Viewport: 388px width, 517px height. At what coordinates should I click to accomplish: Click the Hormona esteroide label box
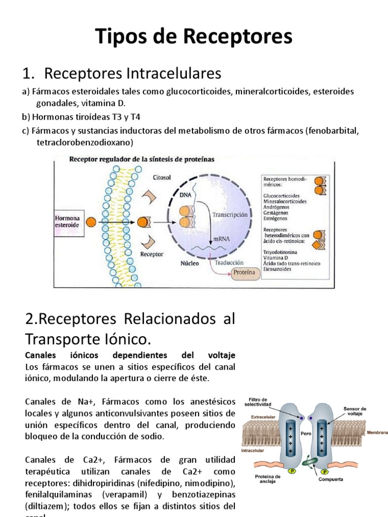click(x=67, y=221)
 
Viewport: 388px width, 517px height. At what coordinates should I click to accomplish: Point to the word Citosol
click(x=162, y=177)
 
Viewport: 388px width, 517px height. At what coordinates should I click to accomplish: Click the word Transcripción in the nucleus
click(x=231, y=214)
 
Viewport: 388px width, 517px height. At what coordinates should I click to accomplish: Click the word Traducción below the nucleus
click(x=229, y=263)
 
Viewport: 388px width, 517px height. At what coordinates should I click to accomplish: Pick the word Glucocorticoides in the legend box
click(x=281, y=195)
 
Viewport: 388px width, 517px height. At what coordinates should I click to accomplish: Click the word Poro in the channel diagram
click(x=305, y=433)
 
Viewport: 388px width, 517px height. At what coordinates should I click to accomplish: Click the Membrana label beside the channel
click(x=376, y=432)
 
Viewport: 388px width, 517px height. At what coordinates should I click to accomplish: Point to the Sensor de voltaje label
click(x=355, y=411)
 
